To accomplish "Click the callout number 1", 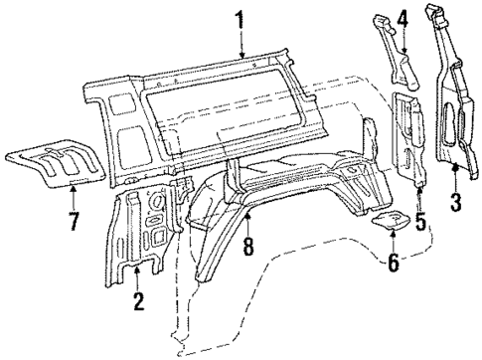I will pyautogui.click(x=240, y=17).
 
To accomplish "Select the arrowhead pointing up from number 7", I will pyautogui.click(x=74, y=189).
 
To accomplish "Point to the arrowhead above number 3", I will pyautogui.click(x=455, y=167).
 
